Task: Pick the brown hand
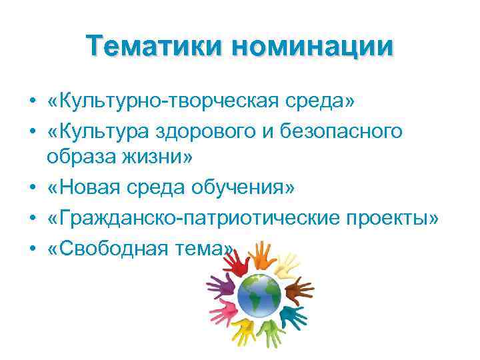click(x=297, y=289)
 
